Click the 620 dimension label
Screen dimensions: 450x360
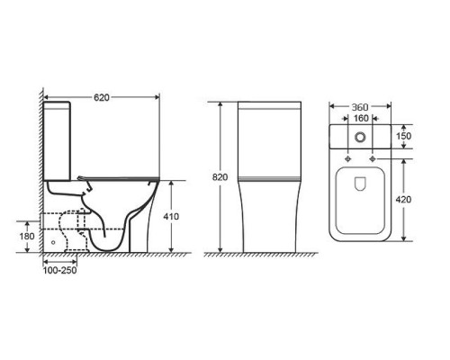(102, 97)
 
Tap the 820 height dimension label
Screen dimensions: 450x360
(220, 177)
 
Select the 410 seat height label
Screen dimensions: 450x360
(171, 216)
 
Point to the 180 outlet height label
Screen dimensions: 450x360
(27, 237)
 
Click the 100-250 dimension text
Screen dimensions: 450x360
(60, 270)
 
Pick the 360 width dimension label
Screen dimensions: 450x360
(360, 107)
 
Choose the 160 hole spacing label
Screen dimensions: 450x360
(361, 119)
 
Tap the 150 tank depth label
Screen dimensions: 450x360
(403, 136)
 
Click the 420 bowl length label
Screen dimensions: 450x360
(403, 200)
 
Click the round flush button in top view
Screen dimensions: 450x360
(360, 137)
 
